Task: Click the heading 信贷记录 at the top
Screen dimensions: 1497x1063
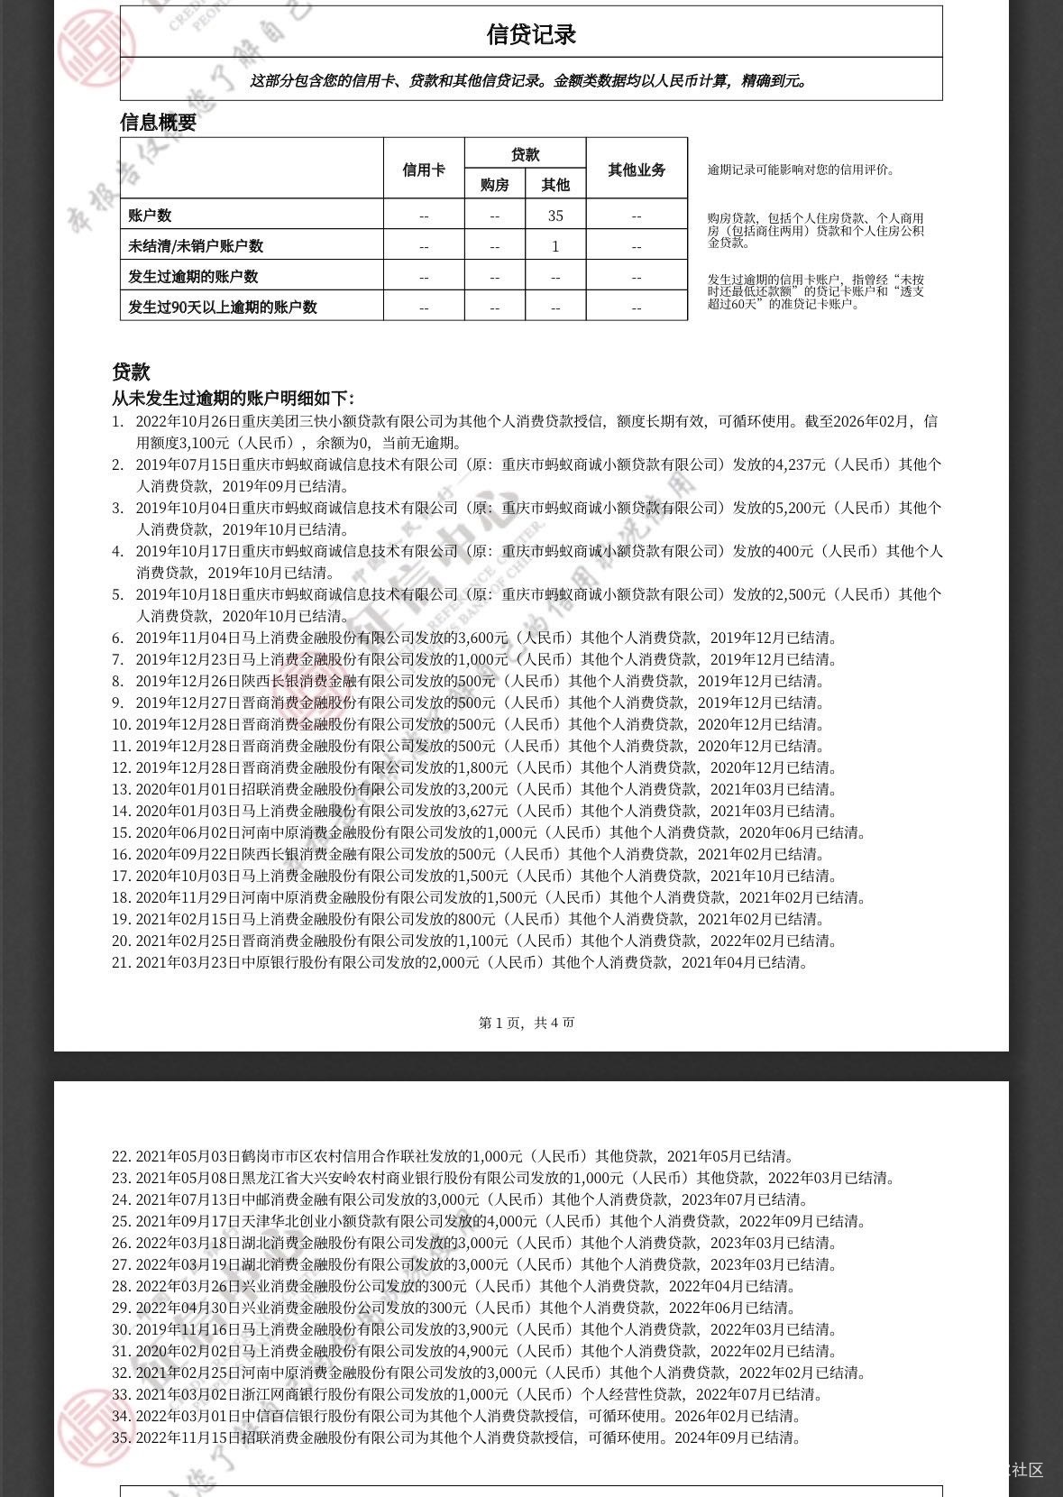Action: pos(531,34)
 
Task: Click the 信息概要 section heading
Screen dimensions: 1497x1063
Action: pos(158,122)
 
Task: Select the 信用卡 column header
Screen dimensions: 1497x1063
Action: pos(423,170)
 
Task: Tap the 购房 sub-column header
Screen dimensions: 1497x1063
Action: pos(494,185)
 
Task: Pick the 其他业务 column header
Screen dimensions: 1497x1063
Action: pos(637,170)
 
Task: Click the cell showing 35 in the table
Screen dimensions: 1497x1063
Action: pos(555,216)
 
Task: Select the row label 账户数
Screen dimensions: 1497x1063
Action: pos(151,216)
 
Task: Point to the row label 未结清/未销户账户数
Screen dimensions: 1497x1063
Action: pos(196,246)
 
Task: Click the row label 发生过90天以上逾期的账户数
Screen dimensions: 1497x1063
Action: pos(223,307)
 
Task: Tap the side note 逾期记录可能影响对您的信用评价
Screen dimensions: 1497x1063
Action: pos(801,170)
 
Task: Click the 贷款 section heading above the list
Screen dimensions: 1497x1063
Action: pos(131,372)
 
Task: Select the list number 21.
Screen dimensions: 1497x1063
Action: pos(122,962)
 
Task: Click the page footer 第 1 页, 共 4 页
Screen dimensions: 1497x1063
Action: pos(527,1022)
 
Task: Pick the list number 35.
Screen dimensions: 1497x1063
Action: pos(122,1437)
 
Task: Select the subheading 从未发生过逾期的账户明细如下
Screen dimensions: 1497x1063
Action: pos(233,399)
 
